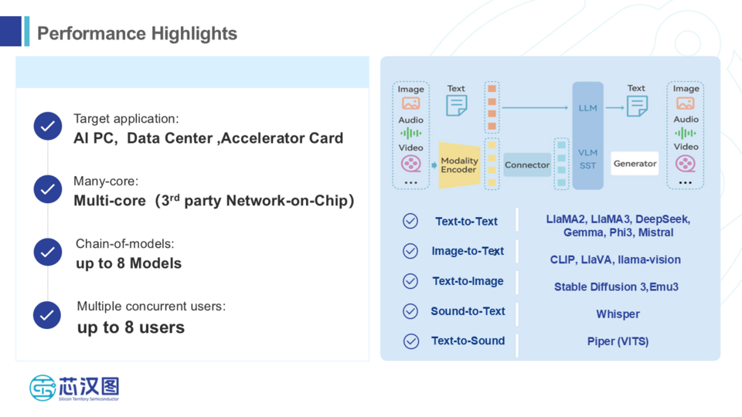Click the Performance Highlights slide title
click(137, 34)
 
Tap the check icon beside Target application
click(48, 126)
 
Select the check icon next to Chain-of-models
click(48, 252)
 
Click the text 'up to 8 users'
click(131, 327)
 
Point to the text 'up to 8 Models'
click(128, 263)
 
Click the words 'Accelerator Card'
click(282, 138)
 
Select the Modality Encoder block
click(459, 165)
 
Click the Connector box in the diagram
click(527, 165)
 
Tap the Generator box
click(635, 164)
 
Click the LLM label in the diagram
click(587, 108)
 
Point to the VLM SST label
click(587, 159)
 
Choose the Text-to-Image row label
click(468, 282)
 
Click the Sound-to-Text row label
click(468, 311)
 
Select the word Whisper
click(618, 314)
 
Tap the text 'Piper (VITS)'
click(618, 341)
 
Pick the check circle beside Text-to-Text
click(410, 222)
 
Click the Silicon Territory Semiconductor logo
click(74, 388)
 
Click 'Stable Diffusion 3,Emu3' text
click(616, 287)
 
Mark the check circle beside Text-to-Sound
click(410, 341)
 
